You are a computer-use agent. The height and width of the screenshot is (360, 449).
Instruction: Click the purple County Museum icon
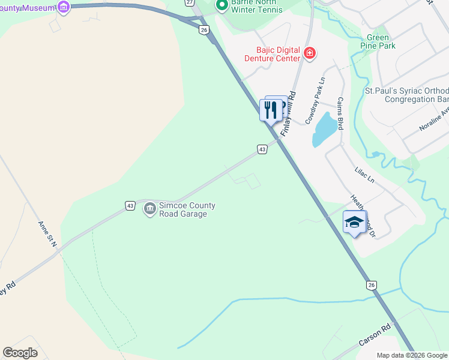64,7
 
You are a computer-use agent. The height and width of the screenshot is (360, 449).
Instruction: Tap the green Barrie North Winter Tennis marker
221,5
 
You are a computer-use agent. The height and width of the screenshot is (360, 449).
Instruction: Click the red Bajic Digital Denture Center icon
310,53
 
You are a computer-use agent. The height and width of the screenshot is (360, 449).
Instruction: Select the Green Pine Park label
378,41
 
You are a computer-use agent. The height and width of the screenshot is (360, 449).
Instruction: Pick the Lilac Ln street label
364,175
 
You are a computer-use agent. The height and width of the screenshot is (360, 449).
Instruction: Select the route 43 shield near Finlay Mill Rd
262,149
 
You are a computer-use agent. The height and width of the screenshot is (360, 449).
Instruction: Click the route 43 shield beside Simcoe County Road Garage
130,205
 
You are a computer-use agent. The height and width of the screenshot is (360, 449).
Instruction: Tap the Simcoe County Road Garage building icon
149,209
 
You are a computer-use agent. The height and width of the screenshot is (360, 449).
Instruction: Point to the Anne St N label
47,235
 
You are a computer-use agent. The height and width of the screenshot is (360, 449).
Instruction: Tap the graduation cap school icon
354,222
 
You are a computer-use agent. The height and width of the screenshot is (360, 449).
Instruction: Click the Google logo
20,353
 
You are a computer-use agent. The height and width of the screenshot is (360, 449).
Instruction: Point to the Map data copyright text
412,355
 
